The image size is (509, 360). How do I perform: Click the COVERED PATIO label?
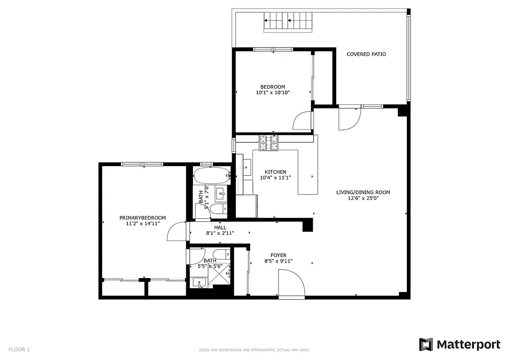point(366,54)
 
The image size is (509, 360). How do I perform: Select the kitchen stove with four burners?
point(269,143)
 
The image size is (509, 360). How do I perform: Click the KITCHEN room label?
point(275,172)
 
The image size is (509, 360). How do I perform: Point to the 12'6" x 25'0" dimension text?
point(363,198)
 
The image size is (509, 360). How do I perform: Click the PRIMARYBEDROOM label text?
point(143,218)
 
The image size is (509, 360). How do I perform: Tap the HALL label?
point(220,228)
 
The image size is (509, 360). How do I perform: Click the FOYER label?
point(278,255)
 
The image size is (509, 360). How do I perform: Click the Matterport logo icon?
point(426,345)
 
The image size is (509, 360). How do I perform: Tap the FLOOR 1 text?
point(19,349)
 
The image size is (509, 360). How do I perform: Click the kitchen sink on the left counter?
point(247,167)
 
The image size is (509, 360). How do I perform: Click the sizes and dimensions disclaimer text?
point(254,350)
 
